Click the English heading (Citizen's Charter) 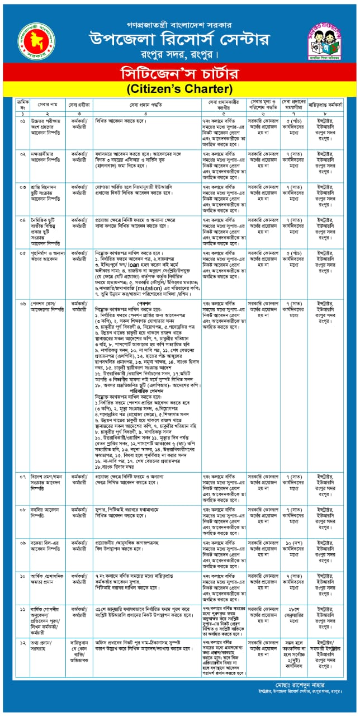(x=180, y=88)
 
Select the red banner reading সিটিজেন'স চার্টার (x=180, y=72)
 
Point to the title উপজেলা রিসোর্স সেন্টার (x=180, y=39)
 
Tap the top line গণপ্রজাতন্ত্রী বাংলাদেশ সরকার (x=180, y=25)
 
